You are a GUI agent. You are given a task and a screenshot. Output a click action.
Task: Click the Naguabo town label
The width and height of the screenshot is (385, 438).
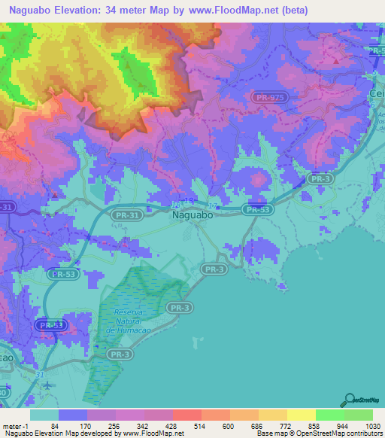(x=193, y=214)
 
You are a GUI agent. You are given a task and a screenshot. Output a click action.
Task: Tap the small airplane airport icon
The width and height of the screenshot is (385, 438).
(x=48, y=385)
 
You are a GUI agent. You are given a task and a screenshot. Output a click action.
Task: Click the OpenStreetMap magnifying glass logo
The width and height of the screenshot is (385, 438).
(x=349, y=400)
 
